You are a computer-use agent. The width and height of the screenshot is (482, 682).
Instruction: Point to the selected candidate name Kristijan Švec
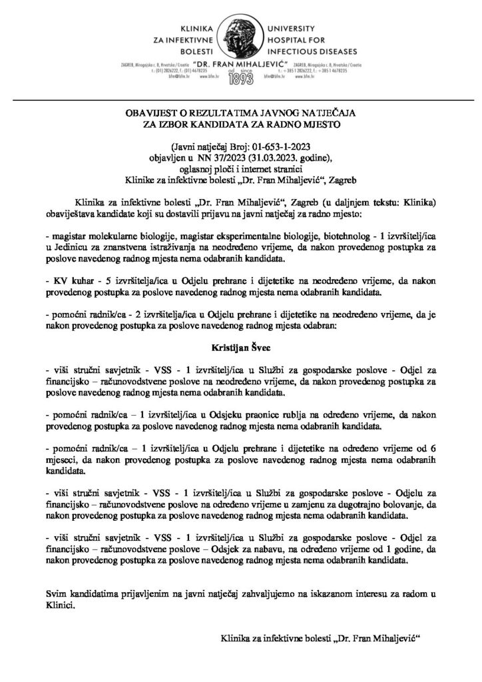[x=240, y=347]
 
